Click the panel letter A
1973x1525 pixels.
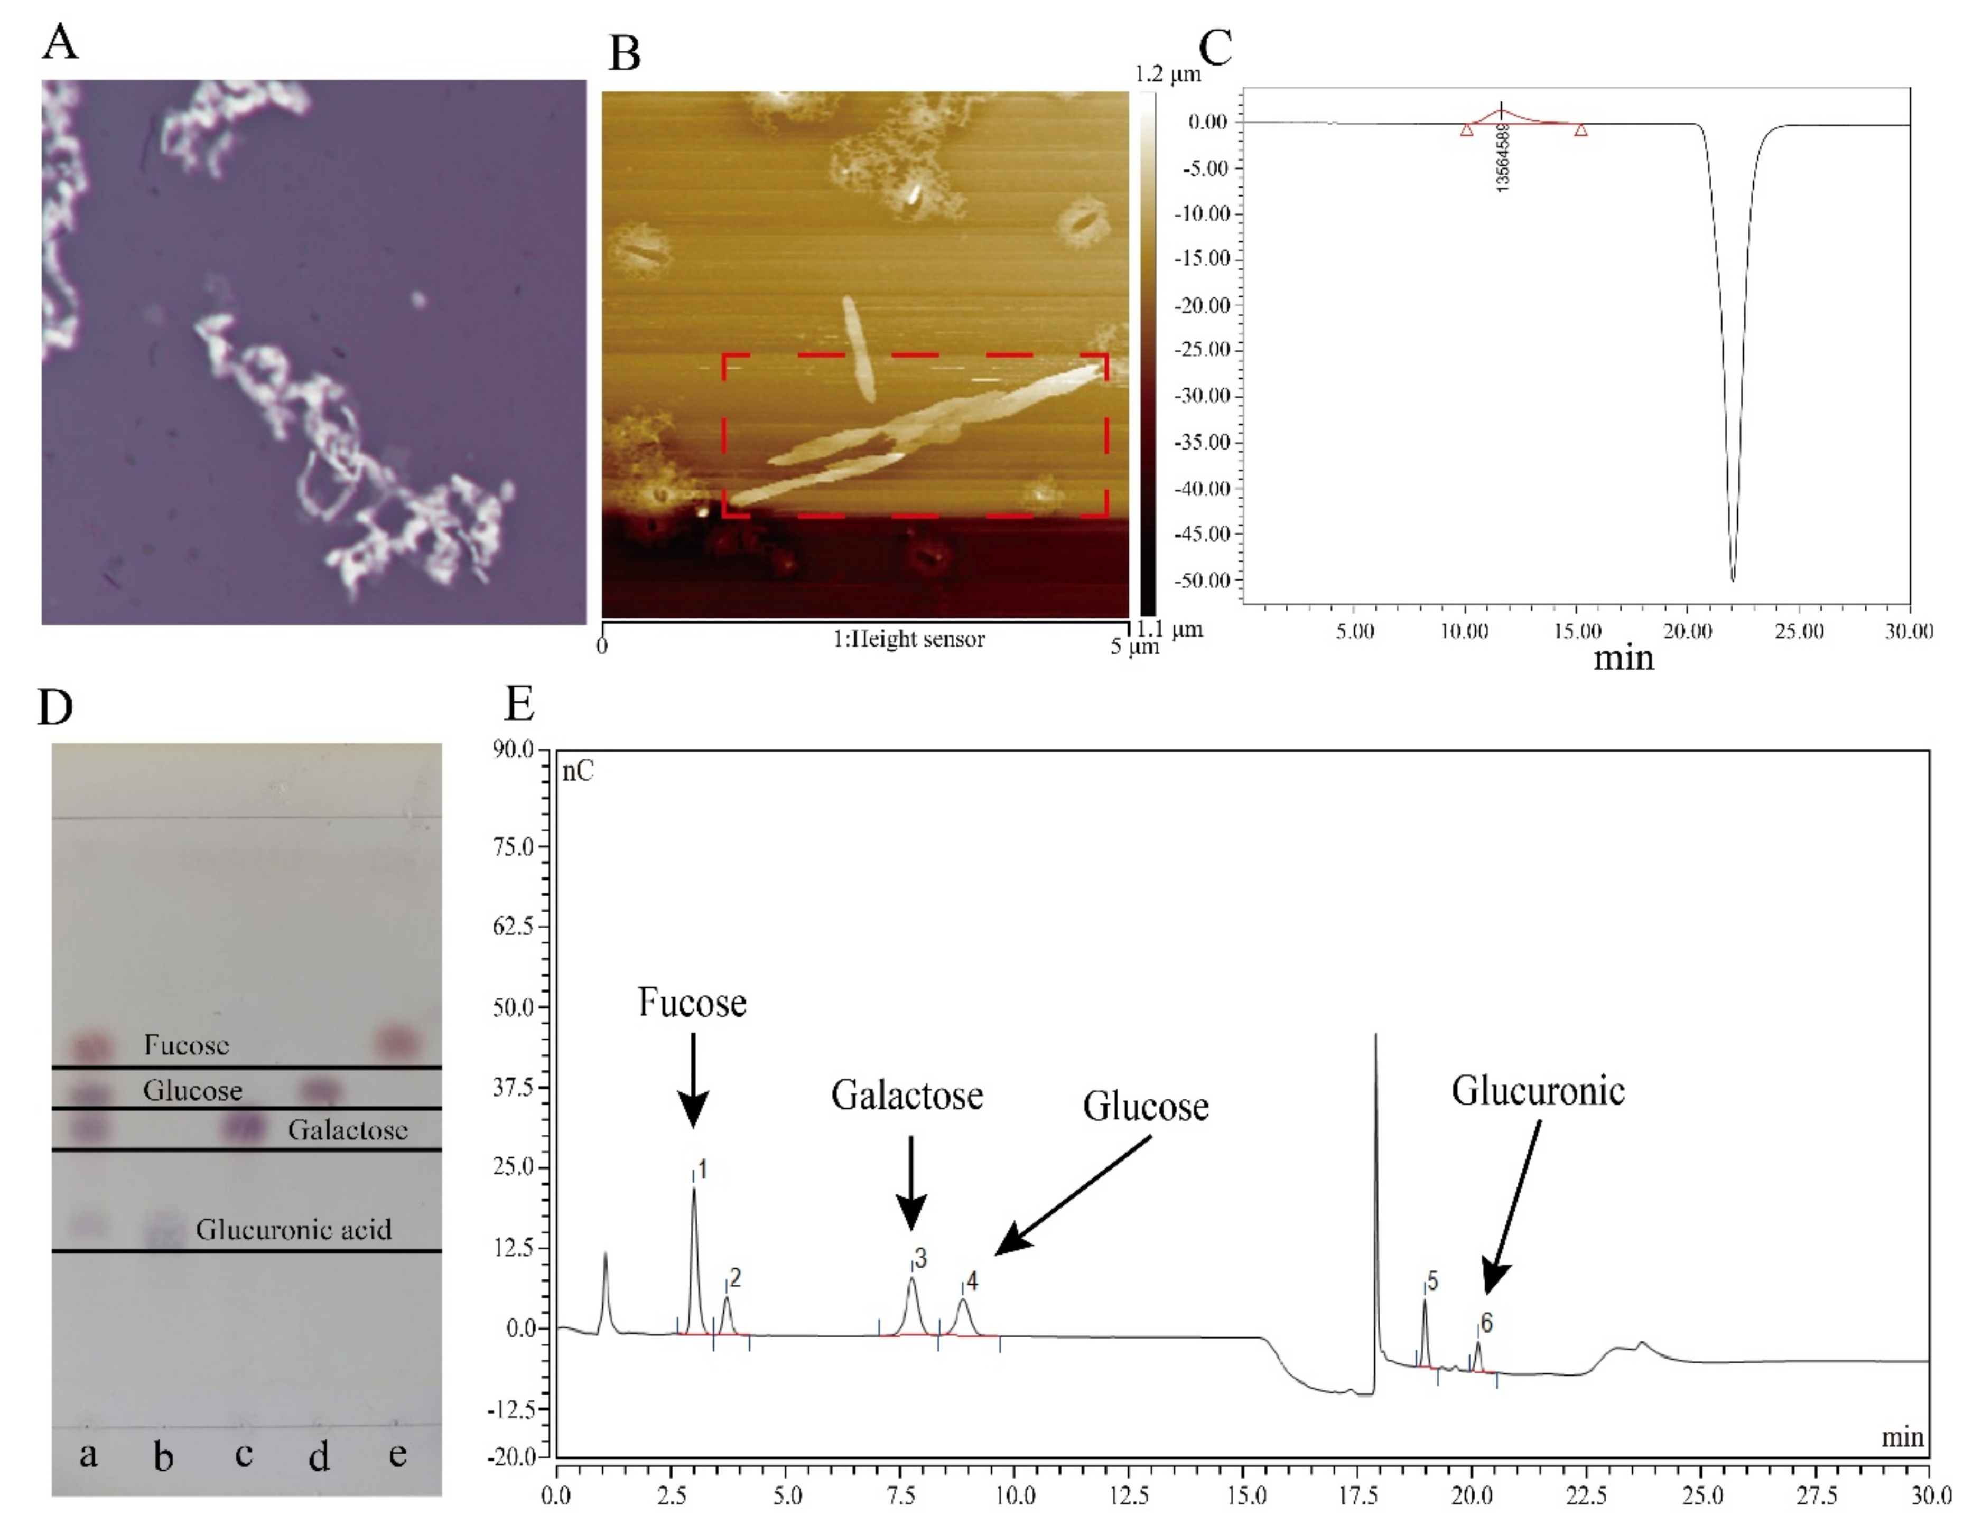60,41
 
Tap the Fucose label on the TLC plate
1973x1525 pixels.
186,1045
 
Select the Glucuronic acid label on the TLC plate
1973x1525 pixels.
294,1230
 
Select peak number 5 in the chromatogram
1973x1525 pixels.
1433,1280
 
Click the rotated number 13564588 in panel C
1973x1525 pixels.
1502,157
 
